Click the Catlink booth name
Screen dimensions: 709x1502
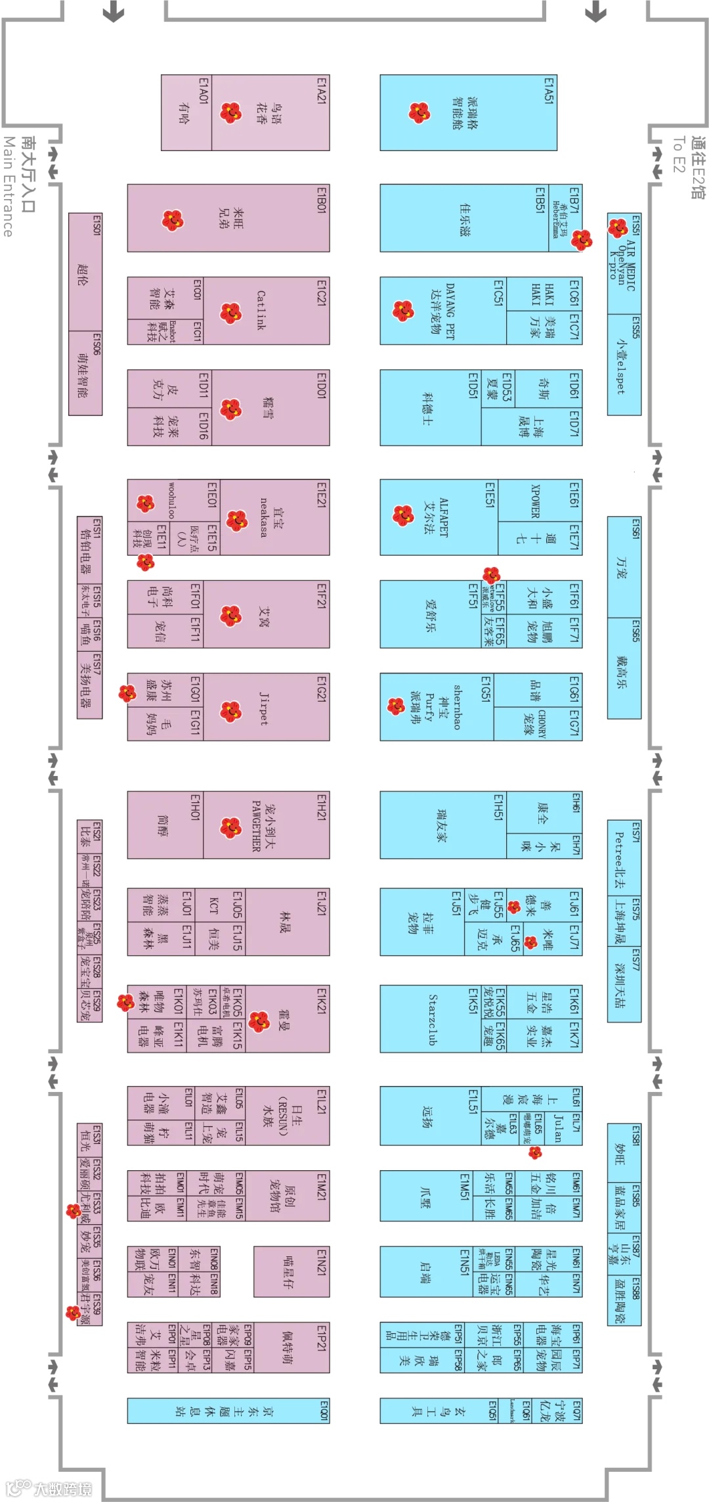[261, 310]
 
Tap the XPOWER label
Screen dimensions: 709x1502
[535, 502]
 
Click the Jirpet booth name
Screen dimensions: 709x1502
[263, 708]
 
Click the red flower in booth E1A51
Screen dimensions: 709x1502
[419, 112]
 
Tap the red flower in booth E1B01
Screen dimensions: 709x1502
[173, 219]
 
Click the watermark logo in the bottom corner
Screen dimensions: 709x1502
[49, 1488]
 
